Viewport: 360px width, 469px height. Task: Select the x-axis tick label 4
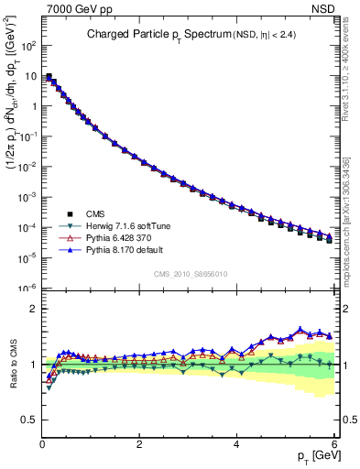click(236, 442)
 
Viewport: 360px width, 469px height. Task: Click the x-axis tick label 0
click(42, 442)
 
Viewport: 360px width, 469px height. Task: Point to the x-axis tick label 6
click(333, 442)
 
